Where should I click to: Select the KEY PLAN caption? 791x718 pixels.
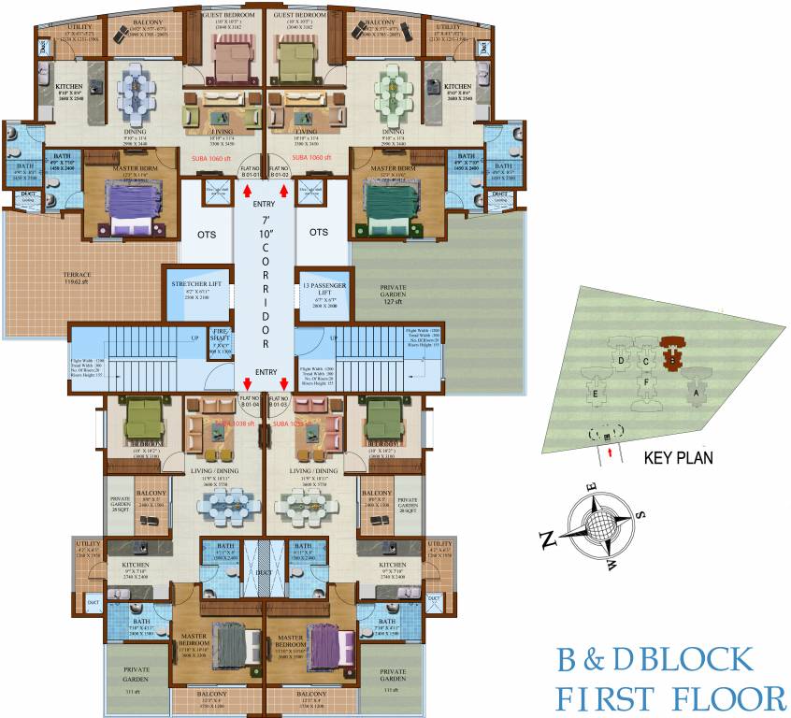(x=679, y=459)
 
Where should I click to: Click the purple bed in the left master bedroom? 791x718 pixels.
(x=131, y=201)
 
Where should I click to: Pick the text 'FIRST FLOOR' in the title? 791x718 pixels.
(x=670, y=697)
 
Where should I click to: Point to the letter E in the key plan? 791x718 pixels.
(x=595, y=394)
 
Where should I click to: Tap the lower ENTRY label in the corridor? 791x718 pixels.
(x=265, y=372)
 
